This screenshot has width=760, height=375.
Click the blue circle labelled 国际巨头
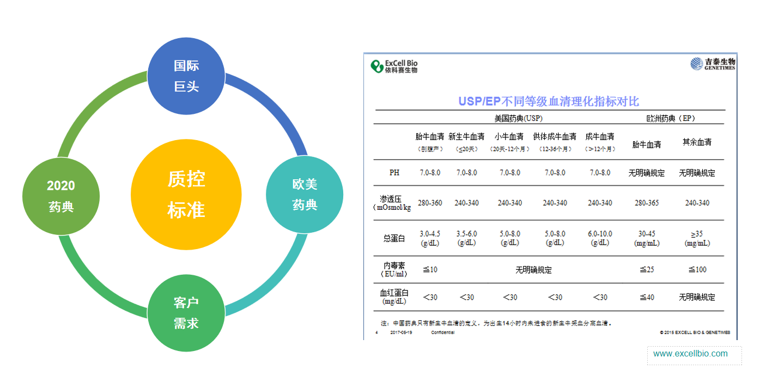186,76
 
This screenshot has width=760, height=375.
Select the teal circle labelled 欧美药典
305,195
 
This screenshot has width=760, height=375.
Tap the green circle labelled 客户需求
186,313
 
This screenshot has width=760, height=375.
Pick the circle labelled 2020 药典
61,196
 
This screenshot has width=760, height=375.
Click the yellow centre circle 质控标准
186,195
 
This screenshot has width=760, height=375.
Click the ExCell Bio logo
394,66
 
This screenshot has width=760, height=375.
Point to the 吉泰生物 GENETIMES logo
713,64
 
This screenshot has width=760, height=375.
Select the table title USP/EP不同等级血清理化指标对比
548,101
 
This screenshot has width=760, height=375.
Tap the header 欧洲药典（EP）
671,118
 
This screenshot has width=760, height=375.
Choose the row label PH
394,173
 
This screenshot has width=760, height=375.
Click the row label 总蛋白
394,238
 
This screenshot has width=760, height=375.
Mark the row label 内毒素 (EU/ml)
394,269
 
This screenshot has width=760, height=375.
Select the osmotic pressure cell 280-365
647,203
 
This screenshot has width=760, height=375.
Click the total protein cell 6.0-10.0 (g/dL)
600,238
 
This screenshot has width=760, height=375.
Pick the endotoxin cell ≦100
697,269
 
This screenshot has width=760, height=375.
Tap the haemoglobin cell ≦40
647,297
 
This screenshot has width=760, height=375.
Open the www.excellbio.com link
690,354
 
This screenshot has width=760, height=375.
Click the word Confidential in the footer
442,332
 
